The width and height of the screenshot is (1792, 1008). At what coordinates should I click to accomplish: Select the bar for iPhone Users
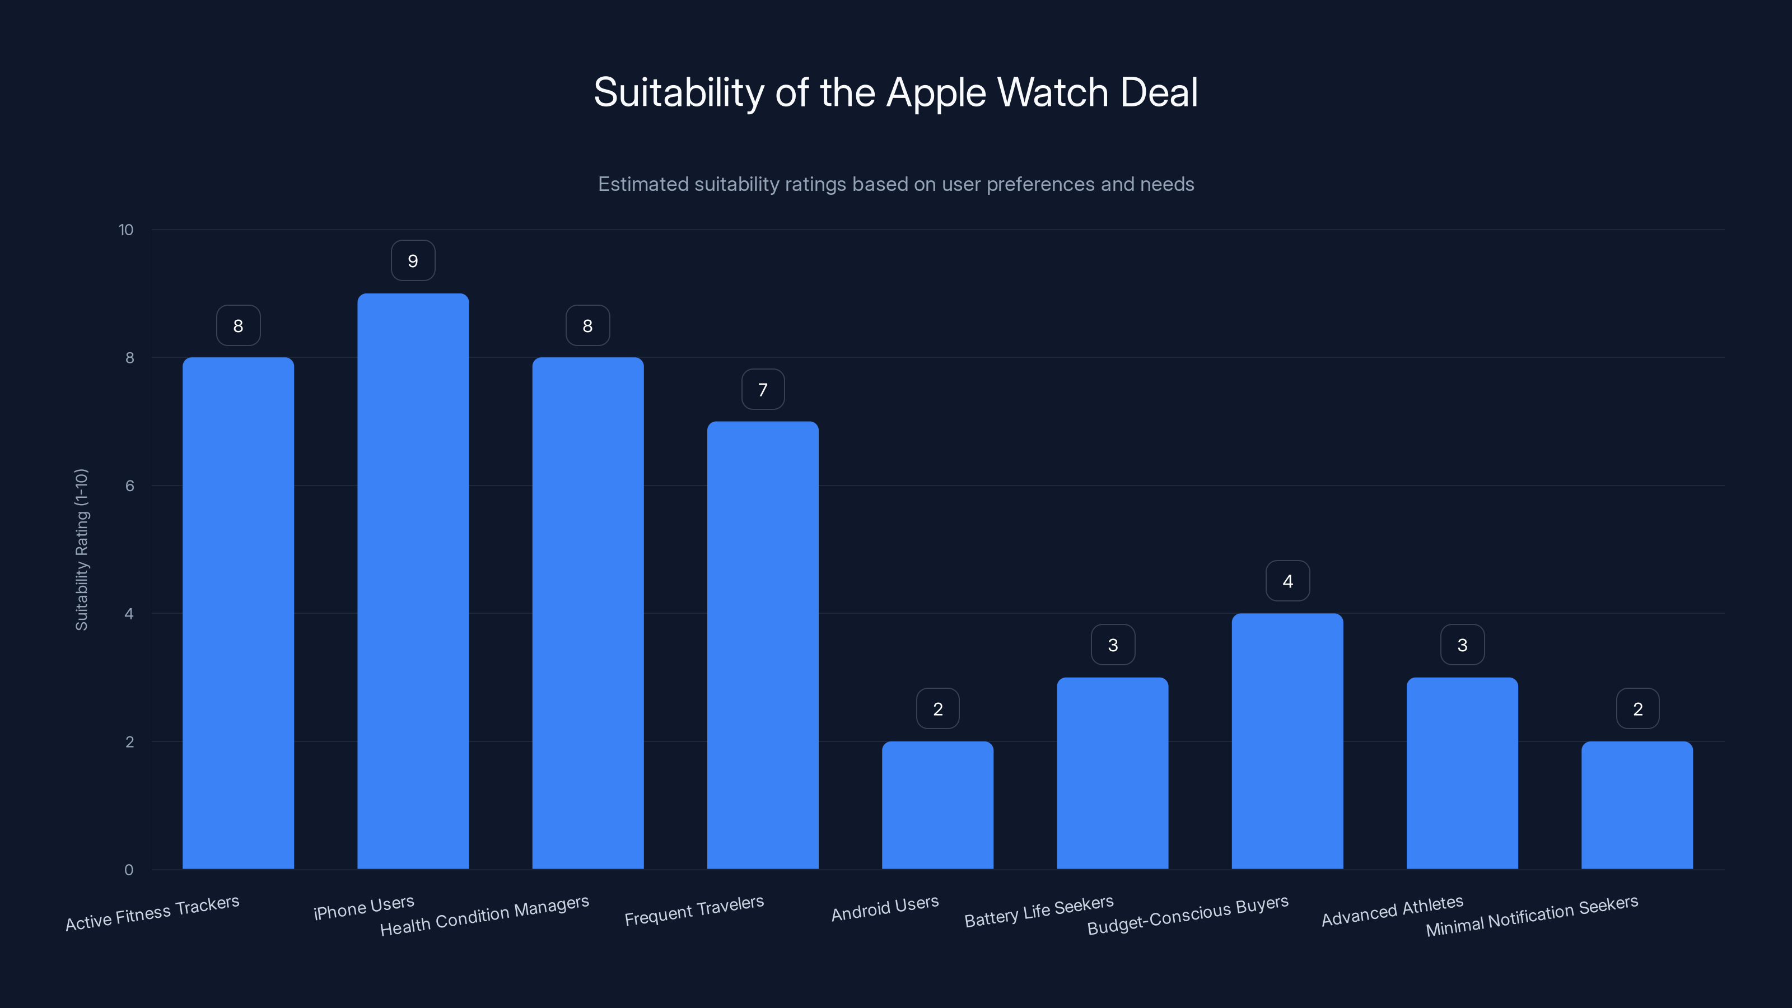coord(413,581)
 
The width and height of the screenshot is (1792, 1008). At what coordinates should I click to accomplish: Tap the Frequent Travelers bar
coord(762,645)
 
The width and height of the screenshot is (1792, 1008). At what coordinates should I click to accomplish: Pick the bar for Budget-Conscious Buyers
coord(1287,741)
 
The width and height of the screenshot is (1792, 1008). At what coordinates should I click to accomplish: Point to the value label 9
coord(413,261)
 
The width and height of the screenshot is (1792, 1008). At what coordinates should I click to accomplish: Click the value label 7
coord(762,390)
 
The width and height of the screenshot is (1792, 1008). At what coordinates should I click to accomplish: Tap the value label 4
coord(1287,581)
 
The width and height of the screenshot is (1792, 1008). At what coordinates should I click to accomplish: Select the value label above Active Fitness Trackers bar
coord(238,325)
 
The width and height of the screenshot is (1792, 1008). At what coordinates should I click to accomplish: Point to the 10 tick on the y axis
coord(126,230)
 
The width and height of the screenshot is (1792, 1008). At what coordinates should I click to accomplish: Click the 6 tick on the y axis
coord(129,486)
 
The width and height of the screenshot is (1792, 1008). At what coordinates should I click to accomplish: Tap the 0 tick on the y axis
coord(129,870)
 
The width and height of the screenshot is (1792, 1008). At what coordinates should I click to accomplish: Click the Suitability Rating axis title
coord(81,549)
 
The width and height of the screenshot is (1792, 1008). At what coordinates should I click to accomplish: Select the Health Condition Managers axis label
coord(484,916)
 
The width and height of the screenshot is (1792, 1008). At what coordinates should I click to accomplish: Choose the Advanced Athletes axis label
coord(1392,911)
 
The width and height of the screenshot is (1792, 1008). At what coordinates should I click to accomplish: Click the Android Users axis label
coord(885,908)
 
